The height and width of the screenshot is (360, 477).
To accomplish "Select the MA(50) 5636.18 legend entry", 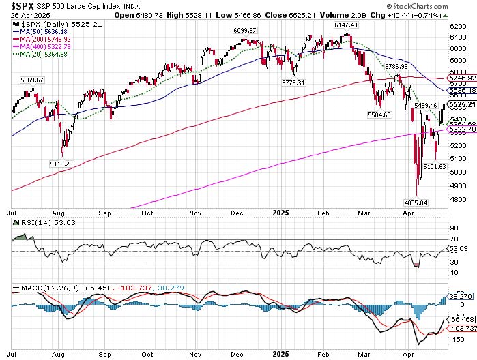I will [x=42, y=31].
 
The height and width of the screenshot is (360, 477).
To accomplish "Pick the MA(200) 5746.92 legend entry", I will [x=44, y=39].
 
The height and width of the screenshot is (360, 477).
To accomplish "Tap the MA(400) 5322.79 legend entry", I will [x=44, y=46].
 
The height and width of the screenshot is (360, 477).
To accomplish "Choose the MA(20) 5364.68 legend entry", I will [x=42, y=54].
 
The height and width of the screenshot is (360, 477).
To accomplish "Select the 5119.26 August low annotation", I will [x=61, y=164].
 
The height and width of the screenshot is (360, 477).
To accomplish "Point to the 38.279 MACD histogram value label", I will [x=457, y=297].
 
